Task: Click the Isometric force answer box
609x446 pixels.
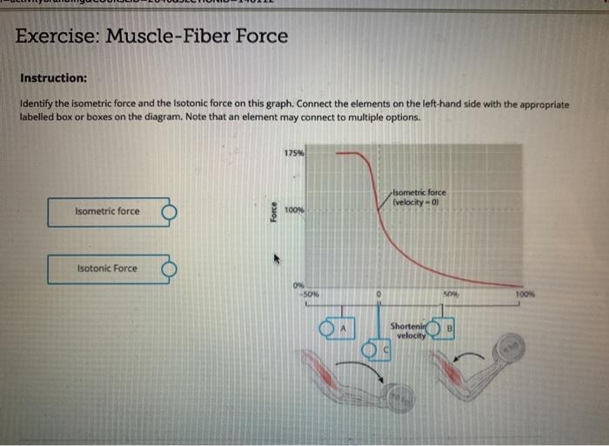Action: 107,211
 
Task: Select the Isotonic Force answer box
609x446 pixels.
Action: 106,269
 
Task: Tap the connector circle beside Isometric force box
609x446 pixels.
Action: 169,211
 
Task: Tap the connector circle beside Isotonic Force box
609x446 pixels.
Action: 169,270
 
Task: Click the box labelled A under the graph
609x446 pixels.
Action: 343,330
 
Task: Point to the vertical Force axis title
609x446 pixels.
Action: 273,212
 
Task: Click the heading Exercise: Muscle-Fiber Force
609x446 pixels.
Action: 151,37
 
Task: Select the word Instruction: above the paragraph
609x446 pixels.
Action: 54,77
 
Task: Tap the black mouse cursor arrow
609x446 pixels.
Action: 278,258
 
